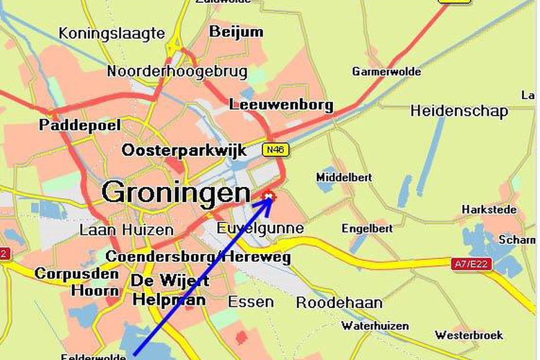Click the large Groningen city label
pos(176,192)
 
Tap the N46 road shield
pos(276,150)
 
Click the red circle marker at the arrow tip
pos(269,197)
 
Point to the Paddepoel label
pos(80,125)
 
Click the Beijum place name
pos(236,32)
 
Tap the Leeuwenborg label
pos(281,105)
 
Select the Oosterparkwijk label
pos(183,150)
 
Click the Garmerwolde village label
pos(386,71)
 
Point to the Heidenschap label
pos(459,111)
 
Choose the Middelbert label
pos(344,177)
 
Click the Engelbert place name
pos(367,228)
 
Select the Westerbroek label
pos(469,335)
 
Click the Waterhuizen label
pos(375,325)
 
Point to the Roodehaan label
pos(339,303)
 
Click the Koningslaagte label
pos(111,33)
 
